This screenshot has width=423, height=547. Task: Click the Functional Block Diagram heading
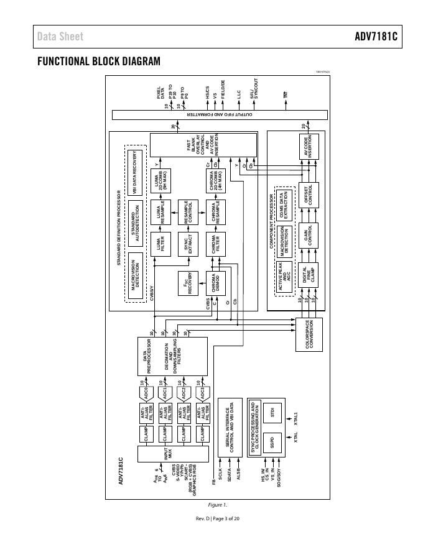pyautogui.click(x=98, y=61)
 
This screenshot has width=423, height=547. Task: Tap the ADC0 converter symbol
pyautogui.click(x=146, y=392)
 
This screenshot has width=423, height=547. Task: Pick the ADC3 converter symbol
pyautogui.click(x=201, y=392)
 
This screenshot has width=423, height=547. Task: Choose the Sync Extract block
pyautogui.click(x=188, y=241)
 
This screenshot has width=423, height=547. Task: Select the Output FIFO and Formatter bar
pyautogui.click(x=218, y=114)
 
